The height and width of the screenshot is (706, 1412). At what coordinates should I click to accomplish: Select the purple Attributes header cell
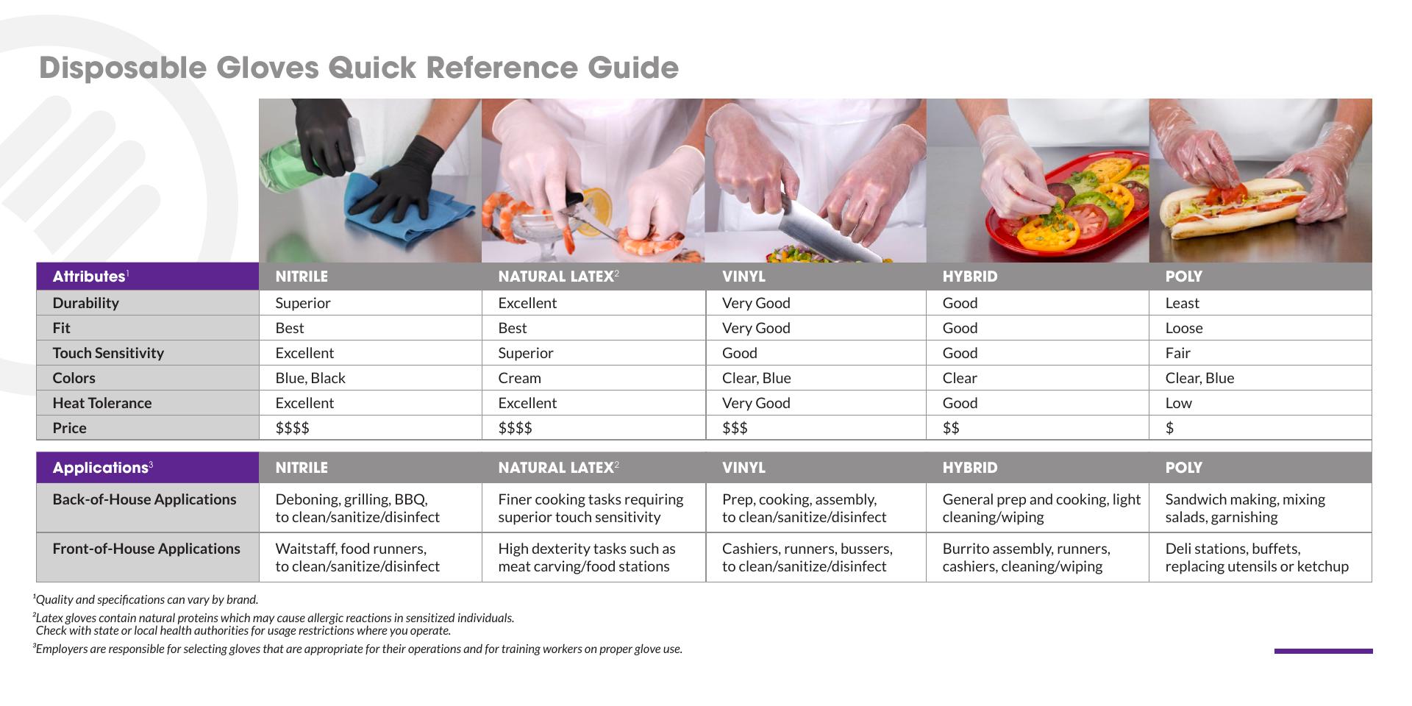(x=148, y=277)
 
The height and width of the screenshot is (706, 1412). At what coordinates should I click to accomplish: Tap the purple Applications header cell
(x=148, y=468)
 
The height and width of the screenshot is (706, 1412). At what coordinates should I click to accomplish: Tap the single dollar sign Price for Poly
(x=1169, y=428)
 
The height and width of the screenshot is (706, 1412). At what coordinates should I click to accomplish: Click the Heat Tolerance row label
(x=102, y=403)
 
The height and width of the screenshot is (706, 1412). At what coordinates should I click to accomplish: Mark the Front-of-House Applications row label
(x=146, y=549)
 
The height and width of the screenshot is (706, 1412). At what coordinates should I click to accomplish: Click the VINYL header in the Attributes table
(x=744, y=277)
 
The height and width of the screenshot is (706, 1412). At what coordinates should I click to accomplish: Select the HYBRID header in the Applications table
(x=970, y=468)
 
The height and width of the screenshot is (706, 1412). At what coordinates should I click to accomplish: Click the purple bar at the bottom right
(x=1323, y=651)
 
